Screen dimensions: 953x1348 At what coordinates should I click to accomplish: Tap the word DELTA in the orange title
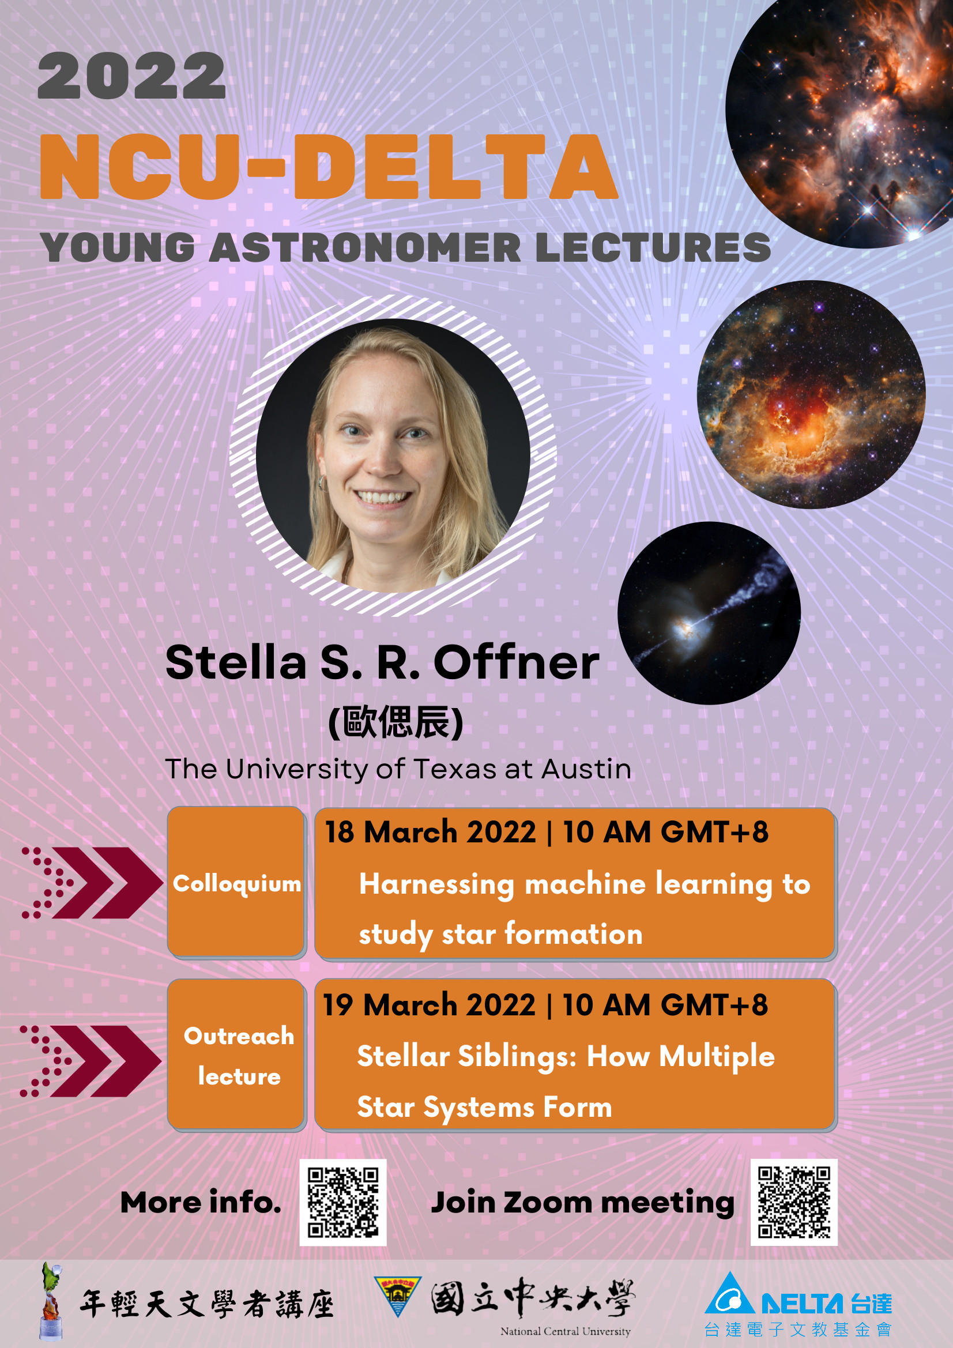coord(455,167)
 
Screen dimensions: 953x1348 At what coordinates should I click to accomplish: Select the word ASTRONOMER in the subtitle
coord(364,247)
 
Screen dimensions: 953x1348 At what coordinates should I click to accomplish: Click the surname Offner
coord(516,662)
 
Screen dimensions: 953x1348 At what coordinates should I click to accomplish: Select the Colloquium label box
coord(236,882)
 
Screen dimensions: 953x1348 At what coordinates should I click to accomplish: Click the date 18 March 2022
coord(431,832)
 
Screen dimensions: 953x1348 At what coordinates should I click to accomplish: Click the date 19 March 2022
coord(430,1004)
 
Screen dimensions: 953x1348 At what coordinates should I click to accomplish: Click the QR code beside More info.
coord(343,1202)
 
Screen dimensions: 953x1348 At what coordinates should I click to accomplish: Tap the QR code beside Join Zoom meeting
coord(794,1202)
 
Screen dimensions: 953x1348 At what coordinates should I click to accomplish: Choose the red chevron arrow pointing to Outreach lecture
coord(91,1061)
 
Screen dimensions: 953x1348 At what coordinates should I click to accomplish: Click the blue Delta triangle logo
coord(729,1293)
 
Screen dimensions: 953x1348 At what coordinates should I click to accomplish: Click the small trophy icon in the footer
coord(51,1301)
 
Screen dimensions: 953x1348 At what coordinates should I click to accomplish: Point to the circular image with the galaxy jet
coord(709,612)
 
